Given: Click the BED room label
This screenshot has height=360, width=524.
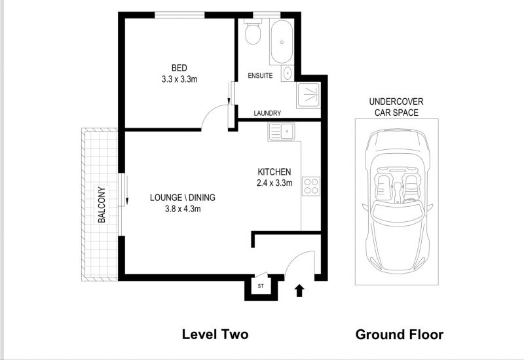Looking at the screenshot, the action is click(x=179, y=68).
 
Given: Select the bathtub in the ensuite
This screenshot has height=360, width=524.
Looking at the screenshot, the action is click(x=282, y=42).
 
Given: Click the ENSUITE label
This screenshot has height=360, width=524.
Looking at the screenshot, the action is click(x=260, y=76).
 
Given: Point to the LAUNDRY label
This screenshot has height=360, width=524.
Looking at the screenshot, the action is click(x=267, y=113).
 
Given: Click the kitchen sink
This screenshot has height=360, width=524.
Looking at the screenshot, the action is click(x=282, y=132).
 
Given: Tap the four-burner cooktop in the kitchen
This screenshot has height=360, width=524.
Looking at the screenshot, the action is click(x=310, y=187).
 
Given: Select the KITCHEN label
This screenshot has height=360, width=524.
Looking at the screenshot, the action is click(x=274, y=172).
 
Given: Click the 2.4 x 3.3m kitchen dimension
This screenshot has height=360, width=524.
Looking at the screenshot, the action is click(x=274, y=183).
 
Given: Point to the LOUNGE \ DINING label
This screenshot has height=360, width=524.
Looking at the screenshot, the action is click(x=183, y=198).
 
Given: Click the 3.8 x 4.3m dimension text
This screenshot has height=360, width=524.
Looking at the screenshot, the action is click(x=183, y=209).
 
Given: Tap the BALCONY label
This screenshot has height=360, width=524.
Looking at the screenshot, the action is click(x=102, y=205).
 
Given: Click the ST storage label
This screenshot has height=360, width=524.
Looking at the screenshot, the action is click(x=261, y=286).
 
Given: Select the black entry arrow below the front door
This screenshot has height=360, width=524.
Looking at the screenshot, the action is click(x=299, y=291).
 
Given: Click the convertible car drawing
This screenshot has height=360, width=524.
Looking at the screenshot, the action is click(x=397, y=201).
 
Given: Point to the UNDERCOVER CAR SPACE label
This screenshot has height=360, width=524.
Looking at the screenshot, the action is click(x=396, y=107).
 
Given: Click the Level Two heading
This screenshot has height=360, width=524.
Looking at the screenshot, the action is click(x=215, y=334).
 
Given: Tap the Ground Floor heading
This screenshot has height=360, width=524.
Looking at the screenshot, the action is click(x=400, y=334).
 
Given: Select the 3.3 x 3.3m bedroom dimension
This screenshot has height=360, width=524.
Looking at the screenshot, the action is click(x=179, y=79).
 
